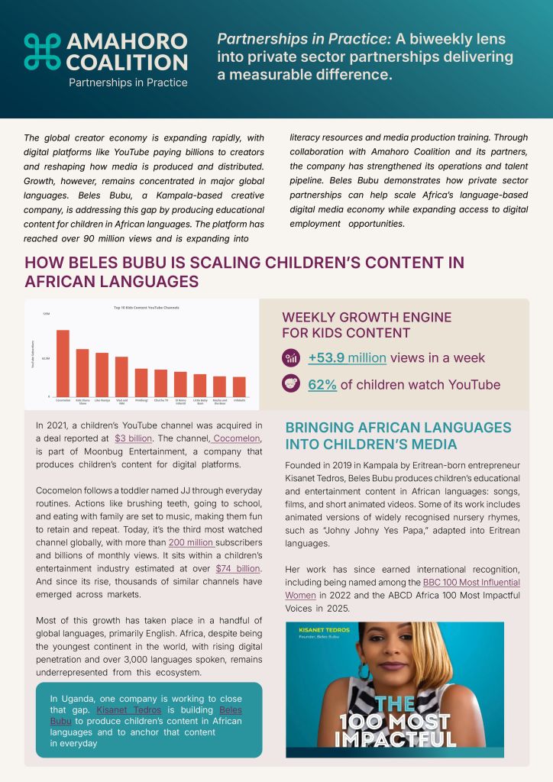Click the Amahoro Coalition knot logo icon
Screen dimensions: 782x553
pos(42,51)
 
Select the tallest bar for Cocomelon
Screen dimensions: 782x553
pos(63,363)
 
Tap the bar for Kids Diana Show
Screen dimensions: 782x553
pos(82,373)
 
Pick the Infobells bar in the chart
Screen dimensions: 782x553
pos(239,386)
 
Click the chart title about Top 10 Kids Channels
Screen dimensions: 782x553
pos(146,308)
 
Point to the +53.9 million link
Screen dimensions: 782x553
pos(347,358)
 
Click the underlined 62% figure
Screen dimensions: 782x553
pos(322,384)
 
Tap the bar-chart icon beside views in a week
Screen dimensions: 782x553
pos(290,357)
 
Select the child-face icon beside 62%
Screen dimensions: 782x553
pos(290,383)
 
